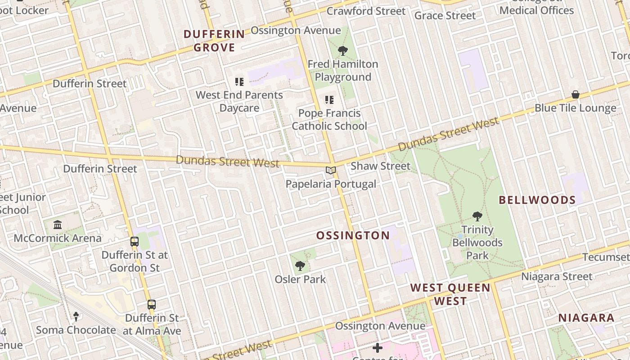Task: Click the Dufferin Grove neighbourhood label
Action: click(215, 40)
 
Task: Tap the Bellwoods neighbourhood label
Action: click(537, 200)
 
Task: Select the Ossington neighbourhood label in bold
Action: click(353, 235)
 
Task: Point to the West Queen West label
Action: click(450, 294)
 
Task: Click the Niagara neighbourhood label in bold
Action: click(586, 318)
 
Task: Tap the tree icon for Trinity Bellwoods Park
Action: click(477, 216)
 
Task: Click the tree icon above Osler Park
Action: click(300, 266)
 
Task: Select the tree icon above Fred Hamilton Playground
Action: click(343, 51)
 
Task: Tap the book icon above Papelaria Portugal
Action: click(331, 171)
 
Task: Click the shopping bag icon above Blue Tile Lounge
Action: click(575, 94)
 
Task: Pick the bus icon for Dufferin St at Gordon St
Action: click(134, 242)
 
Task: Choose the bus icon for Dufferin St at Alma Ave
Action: click(152, 305)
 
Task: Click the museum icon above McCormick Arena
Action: click(58, 225)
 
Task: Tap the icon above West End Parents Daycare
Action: click(239, 82)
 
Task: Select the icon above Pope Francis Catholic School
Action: click(329, 100)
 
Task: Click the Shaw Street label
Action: click(380, 166)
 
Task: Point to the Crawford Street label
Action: click(366, 11)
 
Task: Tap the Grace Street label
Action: click(445, 15)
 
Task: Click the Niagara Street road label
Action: click(557, 276)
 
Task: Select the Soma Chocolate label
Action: click(76, 330)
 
